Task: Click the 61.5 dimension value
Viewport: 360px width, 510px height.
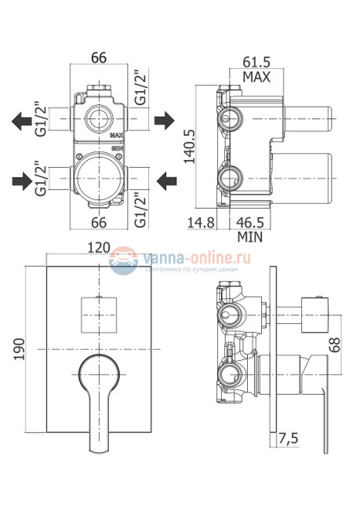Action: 256,61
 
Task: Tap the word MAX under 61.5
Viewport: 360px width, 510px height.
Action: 256,77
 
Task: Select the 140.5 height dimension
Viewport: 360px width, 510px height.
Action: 189,146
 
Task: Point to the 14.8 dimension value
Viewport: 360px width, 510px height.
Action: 201,223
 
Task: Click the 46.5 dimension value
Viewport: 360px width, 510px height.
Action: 249,223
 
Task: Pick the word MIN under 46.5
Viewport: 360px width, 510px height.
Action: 249,237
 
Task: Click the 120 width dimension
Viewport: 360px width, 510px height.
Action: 99,247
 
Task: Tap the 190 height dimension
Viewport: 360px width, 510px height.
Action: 19,349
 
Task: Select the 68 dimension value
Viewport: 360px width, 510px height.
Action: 334,344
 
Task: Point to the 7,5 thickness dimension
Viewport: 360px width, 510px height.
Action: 288,439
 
